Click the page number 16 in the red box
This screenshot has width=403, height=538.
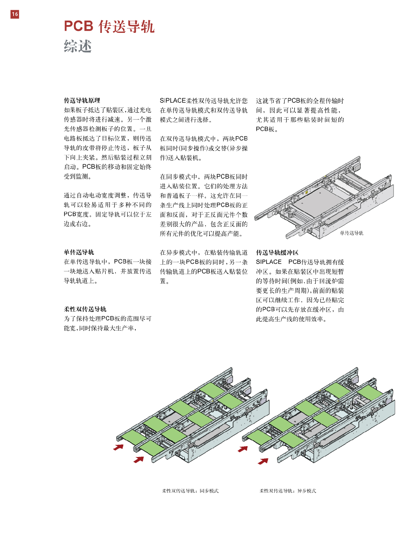coord(15,14)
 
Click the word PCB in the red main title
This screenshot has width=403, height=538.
coord(79,26)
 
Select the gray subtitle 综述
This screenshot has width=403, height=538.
coord(78,46)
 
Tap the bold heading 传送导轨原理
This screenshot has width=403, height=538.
coord(82,101)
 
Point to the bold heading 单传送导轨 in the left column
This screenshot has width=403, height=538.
coord(79,252)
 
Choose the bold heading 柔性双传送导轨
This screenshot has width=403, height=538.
coord(85,309)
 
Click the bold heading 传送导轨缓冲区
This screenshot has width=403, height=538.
coord(277,253)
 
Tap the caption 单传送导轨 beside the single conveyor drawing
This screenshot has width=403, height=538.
coord(352,233)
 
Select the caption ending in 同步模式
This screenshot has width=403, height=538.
coord(190,491)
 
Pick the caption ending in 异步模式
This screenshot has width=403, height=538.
coord(288,491)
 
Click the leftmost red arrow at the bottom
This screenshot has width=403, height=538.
coord(118,447)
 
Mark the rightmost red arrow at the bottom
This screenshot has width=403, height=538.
coord(263,461)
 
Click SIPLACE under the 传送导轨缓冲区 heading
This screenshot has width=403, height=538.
coord(269,262)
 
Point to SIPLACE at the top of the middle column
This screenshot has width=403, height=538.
coord(173,101)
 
